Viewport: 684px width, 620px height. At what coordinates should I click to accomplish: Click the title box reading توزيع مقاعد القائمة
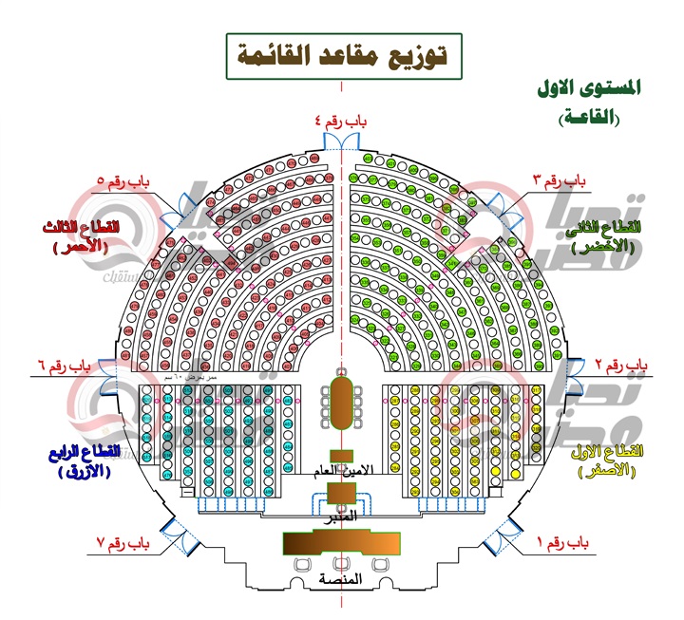[342, 56]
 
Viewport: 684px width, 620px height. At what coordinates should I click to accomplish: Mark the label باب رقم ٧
[124, 543]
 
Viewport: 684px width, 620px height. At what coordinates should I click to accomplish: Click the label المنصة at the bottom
[341, 579]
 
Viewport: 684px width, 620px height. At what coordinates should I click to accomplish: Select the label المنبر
[341, 516]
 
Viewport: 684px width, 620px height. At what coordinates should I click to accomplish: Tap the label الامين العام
[341, 470]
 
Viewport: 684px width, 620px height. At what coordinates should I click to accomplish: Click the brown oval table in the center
[342, 404]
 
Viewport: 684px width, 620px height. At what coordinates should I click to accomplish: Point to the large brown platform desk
[342, 543]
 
